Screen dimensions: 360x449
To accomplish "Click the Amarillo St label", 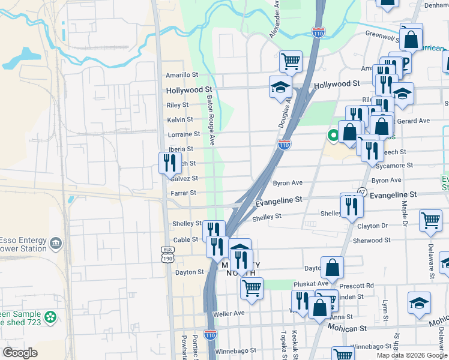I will [182, 75].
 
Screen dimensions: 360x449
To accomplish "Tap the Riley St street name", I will [177, 105].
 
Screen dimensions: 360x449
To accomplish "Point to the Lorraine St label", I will [183, 134].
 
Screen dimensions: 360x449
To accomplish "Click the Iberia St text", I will [181, 149].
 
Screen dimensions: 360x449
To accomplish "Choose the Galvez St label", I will [184, 179].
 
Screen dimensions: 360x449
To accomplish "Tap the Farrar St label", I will [183, 193].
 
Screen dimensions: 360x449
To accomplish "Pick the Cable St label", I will [185, 239].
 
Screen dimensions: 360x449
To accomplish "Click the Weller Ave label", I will [229, 313].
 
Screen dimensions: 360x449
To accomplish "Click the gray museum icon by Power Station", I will [56, 244].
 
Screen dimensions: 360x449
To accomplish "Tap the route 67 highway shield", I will [361, 191].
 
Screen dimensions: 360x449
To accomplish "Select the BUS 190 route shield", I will [167, 254].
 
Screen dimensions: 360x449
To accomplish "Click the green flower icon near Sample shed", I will [51, 316].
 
